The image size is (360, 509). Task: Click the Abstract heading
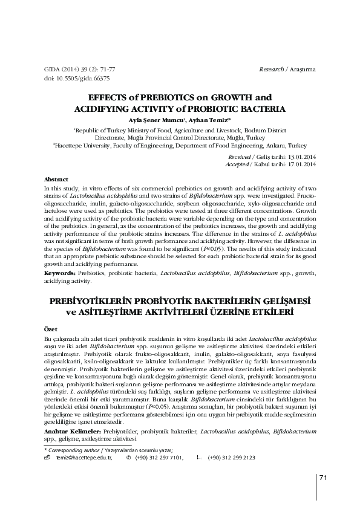56,180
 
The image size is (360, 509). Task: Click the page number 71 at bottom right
323,478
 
